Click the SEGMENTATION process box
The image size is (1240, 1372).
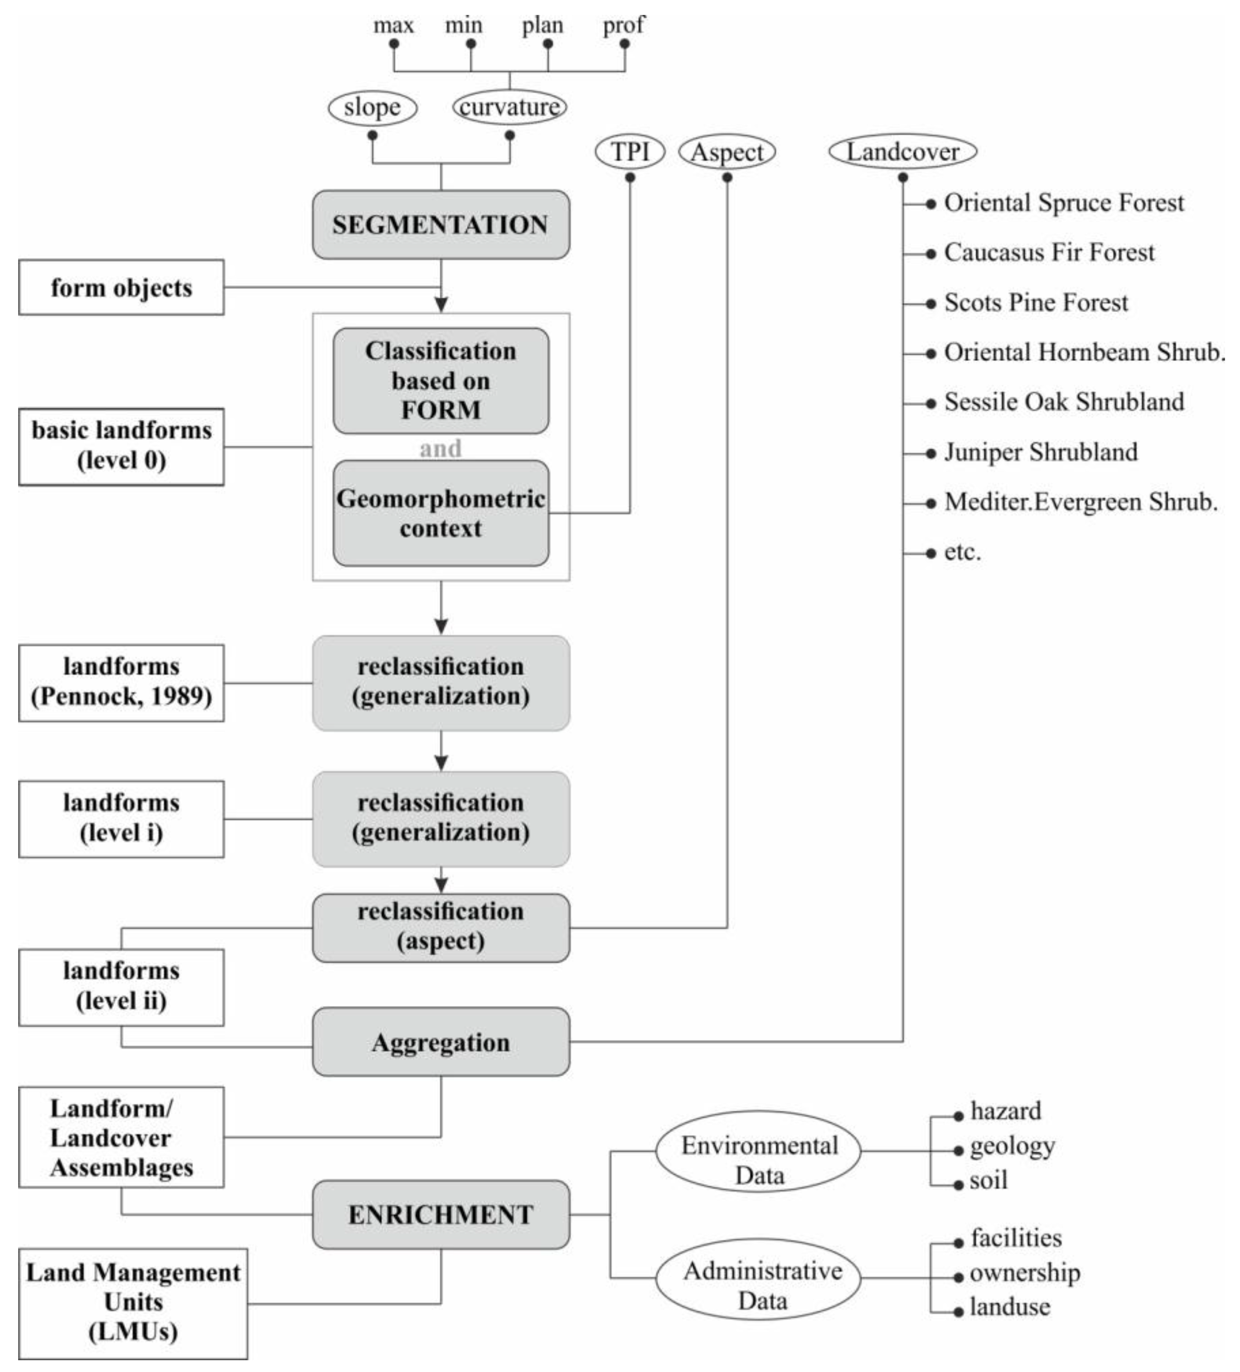[441, 225]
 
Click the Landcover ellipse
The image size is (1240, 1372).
[902, 151]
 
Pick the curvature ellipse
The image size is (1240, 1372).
[509, 107]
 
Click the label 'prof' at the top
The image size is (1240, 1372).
[623, 25]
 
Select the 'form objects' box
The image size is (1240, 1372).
[121, 287]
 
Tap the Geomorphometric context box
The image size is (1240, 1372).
[441, 513]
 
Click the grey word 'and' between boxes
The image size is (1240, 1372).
[441, 448]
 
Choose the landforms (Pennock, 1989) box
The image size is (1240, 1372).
[121, 682]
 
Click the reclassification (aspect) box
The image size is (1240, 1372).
[441, 927]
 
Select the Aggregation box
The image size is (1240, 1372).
[441, 1042]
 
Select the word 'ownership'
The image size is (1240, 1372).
[1024, 1273]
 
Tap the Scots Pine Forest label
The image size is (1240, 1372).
[1035, 302]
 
